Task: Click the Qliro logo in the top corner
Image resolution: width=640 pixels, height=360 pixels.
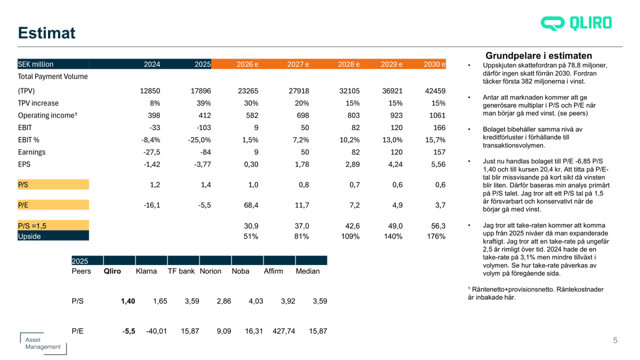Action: pyautogui.click(x=576, y=23)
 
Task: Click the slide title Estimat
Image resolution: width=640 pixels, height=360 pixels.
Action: pyautogui.click(x=46, y=33)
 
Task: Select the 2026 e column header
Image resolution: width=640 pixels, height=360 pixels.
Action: pyautogui.click(x=247, y=65)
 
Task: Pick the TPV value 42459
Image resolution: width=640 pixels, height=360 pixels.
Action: pyautogui.click(x=435, y=91)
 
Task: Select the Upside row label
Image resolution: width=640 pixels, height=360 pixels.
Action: pyautogui.click(x=29, y=236)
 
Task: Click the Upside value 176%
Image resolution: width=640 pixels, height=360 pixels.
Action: pyautogui.click(x=436, y=236)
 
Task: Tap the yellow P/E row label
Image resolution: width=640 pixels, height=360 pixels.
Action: pyautogui.click(x=23, y=204)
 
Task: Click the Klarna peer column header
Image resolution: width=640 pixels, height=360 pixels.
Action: pyautogui.click(x=146, y=271)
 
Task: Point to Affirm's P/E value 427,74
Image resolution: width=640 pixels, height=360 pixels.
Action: pyautogui.click(x=284, y=331)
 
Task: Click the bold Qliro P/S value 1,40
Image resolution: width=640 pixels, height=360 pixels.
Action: pyautogui.click(x=128, y=301)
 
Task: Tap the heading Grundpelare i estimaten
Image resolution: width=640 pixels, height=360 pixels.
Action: pyautogui.click(x=539, y=55)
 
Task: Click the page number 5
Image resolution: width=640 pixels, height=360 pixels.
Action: pyautogui.click(x=615, y=340)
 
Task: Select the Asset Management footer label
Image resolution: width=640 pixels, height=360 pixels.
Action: pyautogui.click(x=43, y=343)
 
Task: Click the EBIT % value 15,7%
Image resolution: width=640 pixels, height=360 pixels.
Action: pyautogui.click(x=435, y=140)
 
